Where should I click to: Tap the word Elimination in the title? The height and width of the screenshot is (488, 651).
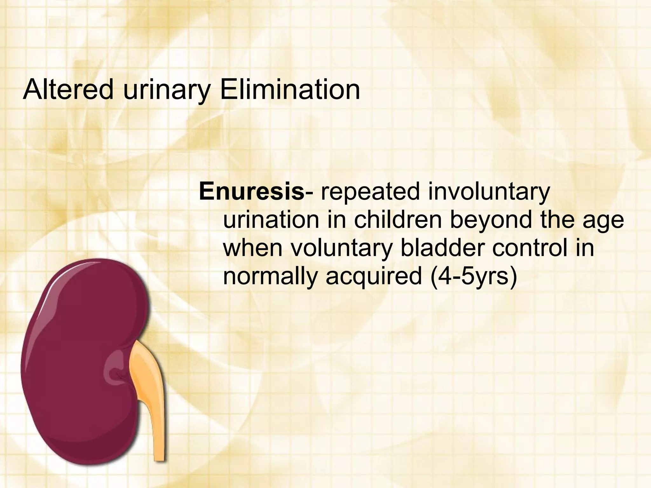coord(290,90)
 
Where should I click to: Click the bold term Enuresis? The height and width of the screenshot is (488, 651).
coord(251,192)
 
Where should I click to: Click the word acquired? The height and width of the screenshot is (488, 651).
coord(373,277)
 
